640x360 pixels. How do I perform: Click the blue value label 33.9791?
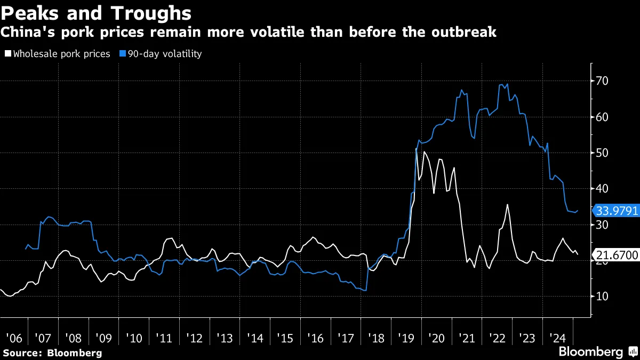pos(617,211)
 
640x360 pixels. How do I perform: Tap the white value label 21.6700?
pos(617,255)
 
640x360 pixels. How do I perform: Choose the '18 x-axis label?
pos(375,338)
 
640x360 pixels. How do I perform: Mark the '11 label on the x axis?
pos(164,338)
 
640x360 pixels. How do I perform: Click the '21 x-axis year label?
pos(466,338)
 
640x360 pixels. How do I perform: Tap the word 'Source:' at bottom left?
pos(23,353)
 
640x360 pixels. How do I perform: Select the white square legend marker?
pos(7,54)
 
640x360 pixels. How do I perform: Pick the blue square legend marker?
pos(122,54)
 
